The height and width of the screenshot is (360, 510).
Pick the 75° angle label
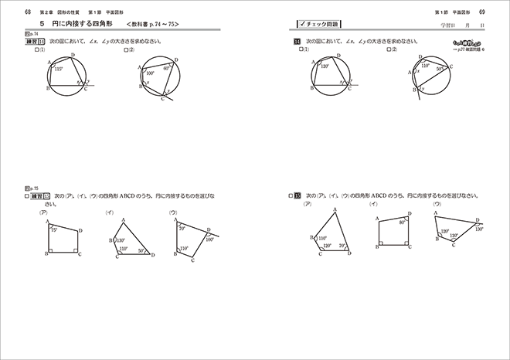click(54, 230)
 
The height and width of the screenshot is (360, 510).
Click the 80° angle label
click(402, 223)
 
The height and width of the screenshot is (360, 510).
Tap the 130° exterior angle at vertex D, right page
click(478, 229)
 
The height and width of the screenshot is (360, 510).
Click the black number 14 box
click(297, 41)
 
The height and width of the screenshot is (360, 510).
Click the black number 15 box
click(297, 197)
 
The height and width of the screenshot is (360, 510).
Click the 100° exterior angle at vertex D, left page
click(211, 239)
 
